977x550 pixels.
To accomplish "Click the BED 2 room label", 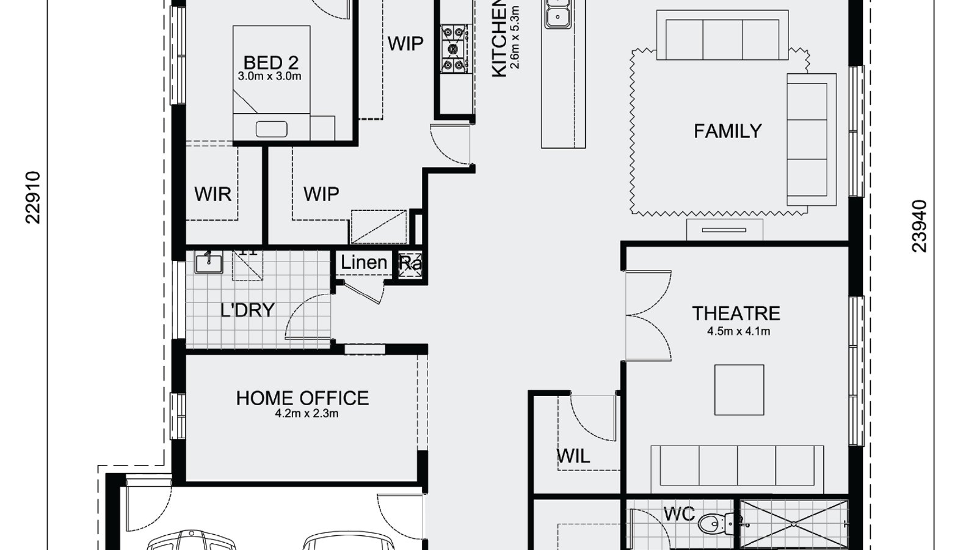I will tap(271, 62).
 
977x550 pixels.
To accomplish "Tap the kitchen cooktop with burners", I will tap(454, 48).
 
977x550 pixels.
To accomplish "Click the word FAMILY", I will tap(727, 131).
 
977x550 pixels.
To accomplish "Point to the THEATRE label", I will tap(736, 313).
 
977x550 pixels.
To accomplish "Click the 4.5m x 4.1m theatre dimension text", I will tap(738, 332).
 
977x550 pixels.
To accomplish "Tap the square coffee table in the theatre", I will tap(739, 390).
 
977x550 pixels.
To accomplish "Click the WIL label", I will tap(573, 456).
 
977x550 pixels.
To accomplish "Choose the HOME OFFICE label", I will tap(302, 398).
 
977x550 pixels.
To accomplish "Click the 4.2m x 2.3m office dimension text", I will tap(307, 414).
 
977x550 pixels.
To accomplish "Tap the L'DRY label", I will tap(247, 310).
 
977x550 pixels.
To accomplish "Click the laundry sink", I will tap(209, 263).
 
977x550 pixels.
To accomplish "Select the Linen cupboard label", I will tap(364, 263).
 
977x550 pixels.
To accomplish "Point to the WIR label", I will tap(212, 194).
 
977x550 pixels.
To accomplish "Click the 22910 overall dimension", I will tap(33, 197).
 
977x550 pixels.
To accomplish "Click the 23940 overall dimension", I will tap(919, 226).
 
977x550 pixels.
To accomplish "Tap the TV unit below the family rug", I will tap(724, 230).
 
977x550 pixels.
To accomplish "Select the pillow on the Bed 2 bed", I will tap(271, 129).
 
